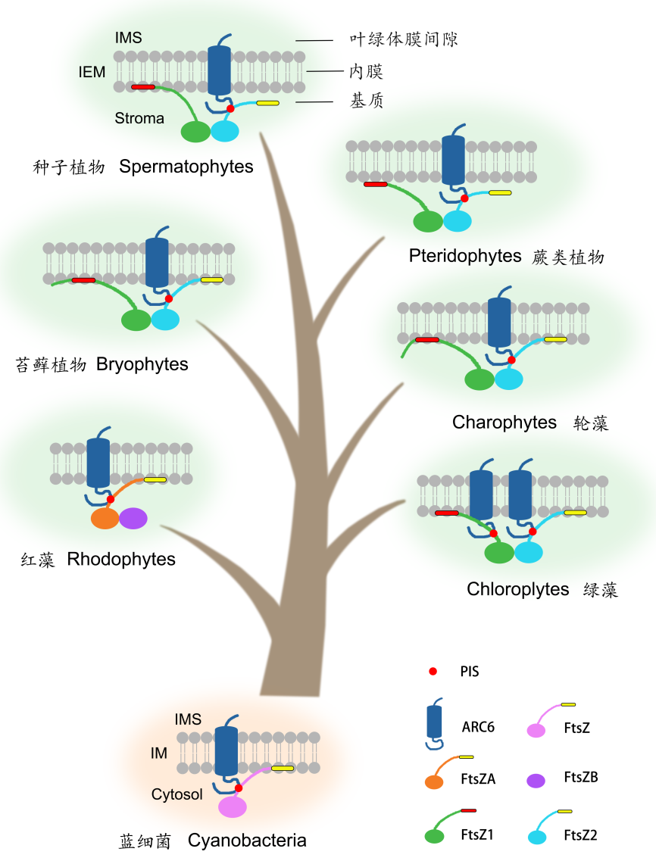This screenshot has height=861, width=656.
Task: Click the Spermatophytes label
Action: tap(186, 167)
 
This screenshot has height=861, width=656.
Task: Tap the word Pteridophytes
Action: tap(465, 256)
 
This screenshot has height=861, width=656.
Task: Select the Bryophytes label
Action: tap(142, 364)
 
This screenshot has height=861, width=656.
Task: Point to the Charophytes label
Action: tap(504, 423)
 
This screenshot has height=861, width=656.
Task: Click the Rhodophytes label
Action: tap(121, 560)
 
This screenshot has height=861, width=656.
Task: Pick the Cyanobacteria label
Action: tap(247, 841)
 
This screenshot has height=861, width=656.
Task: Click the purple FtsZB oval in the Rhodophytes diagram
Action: tap(133, 518)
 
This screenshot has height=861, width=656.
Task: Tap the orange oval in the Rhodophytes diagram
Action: tap(105, 518)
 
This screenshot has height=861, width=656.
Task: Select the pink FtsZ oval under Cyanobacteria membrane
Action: tap(233, 806)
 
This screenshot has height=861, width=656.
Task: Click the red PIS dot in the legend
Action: tap(433, 672)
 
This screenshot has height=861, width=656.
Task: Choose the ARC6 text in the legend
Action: tap(478, 728)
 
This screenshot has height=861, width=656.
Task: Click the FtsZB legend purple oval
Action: tap(537, 781)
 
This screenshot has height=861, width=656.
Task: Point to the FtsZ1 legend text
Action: tap(477, 835)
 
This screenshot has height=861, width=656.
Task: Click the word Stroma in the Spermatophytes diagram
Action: tap(139, 118)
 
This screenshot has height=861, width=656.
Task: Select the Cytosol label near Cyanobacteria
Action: tap(177, 794)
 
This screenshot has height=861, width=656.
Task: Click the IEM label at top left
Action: tap(92, 73)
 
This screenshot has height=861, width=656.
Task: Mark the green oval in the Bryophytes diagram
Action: tap(136, 320)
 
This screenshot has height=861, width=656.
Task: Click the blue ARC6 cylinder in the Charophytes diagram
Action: tap(499, 322)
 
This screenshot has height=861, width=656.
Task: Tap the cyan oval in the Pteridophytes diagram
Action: tap(458, 221)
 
